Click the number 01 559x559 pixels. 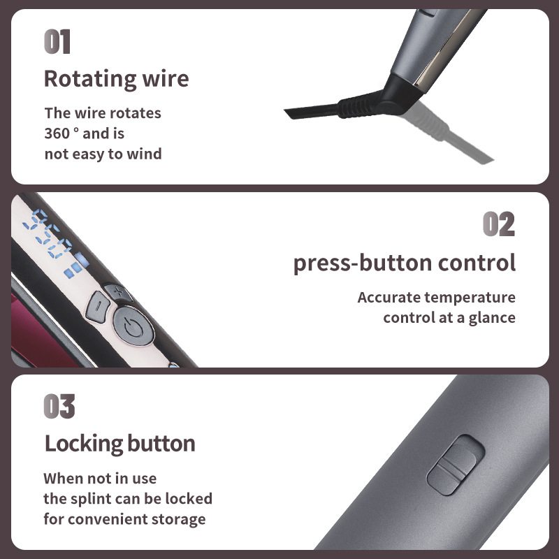pos(57,42)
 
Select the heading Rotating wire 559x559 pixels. pos(116,78)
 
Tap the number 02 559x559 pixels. pos(499,224)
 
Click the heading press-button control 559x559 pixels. pos(404,263)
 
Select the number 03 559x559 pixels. pos(59,407)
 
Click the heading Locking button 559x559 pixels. pos(119,443)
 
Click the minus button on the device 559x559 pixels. pos(97,306)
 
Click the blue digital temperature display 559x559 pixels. pos(52,241)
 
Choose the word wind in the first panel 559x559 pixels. pos(145,153)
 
